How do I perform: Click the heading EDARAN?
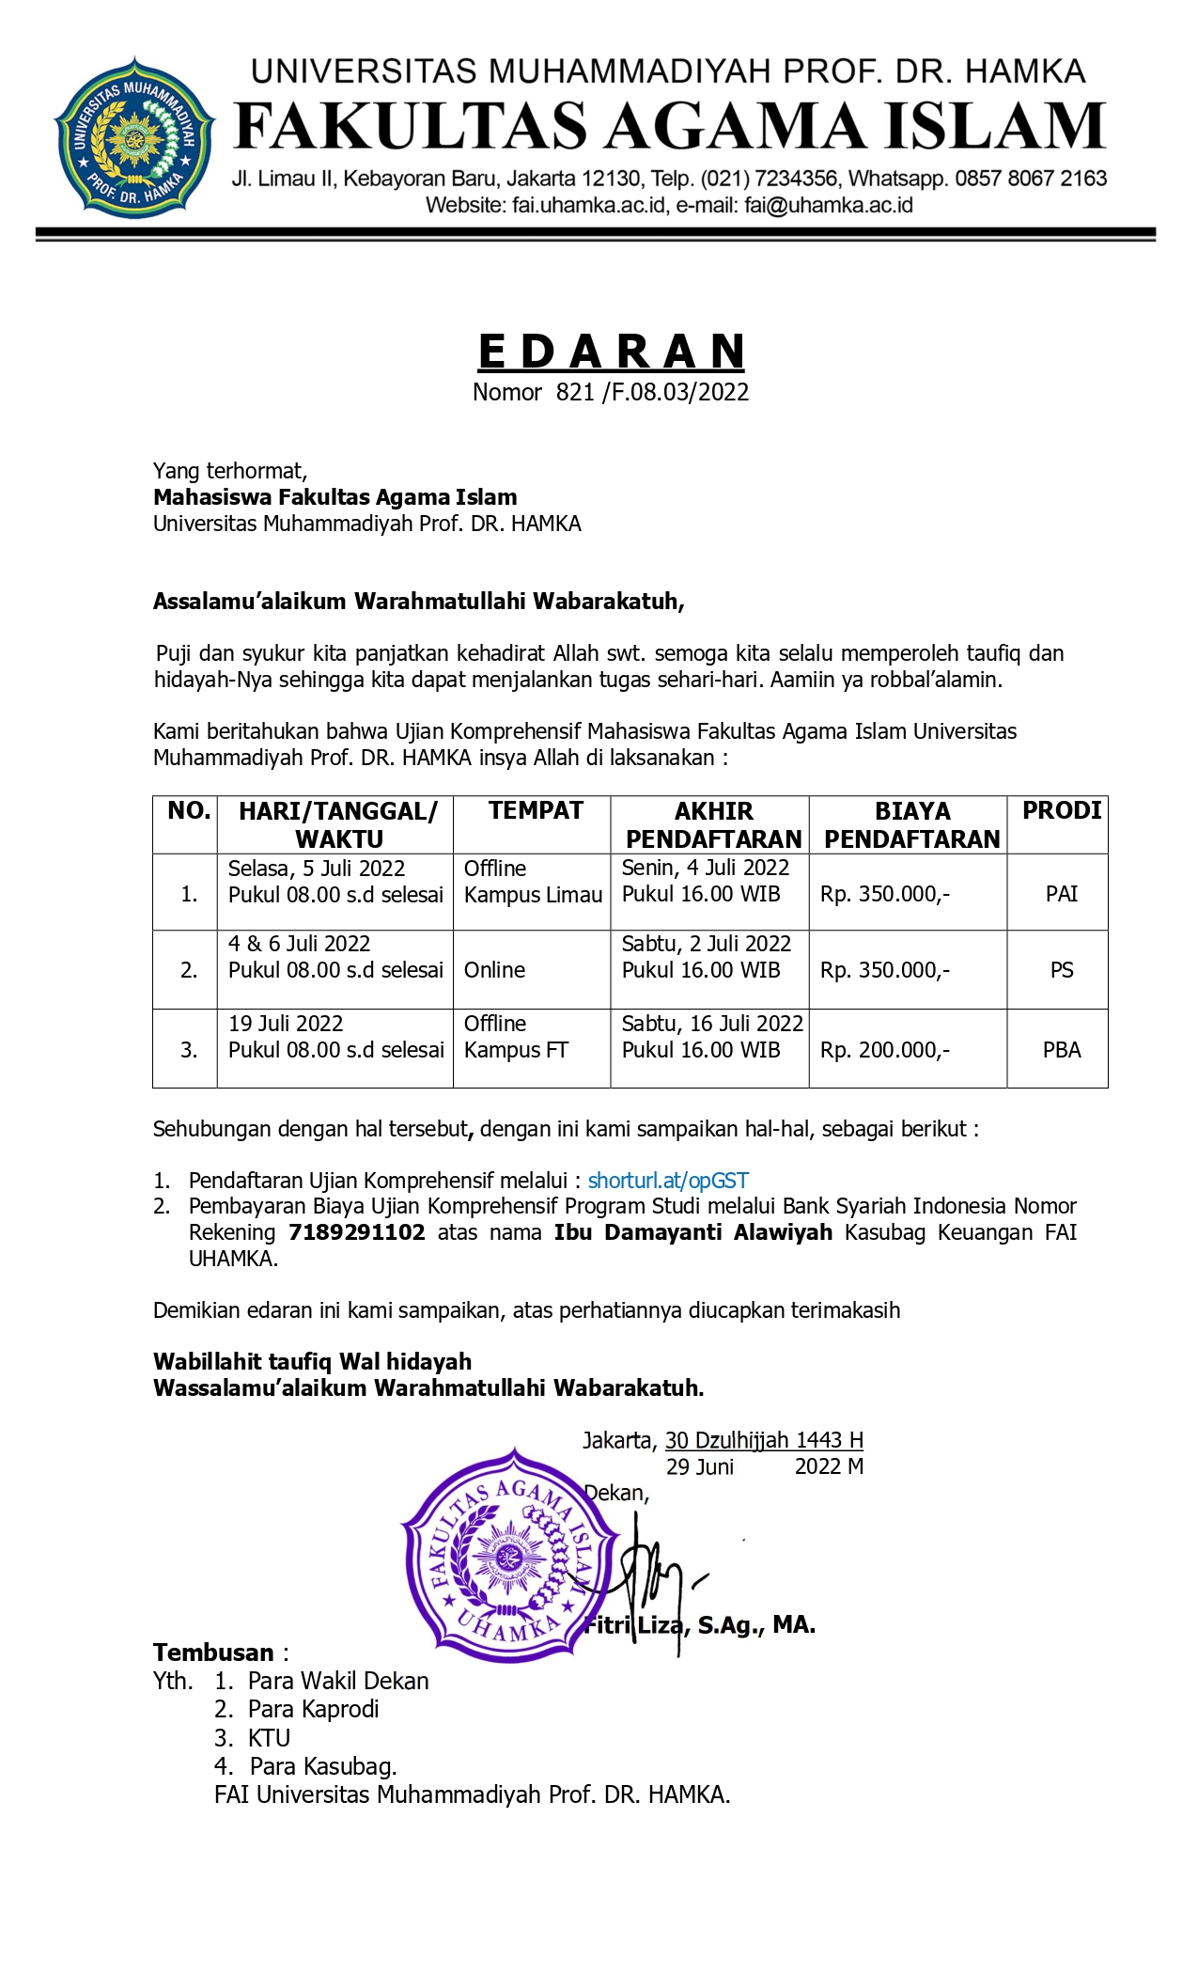click(x=612, y=352)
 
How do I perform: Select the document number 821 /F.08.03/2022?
click(x=652, y=392)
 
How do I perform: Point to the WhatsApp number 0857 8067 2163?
click(x=1031, y=179)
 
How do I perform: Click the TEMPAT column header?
click(x=536, y=810)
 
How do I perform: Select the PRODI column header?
click(x=1061, y=810)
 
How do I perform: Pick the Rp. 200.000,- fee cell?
click(x=884, y=1050)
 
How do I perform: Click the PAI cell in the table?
click(x=1061, y=894)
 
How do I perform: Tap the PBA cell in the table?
click(x=1061, y=1050)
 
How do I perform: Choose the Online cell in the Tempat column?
click(x=494, y=970)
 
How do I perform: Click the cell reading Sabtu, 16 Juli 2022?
click(x=712, y=1024)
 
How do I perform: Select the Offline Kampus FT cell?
click(x=516, y=1037)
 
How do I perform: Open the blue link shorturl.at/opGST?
click(x=668, y=1181)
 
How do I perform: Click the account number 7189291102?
click(x=356, y=1232)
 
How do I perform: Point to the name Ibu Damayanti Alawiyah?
click(x=692, y=1232)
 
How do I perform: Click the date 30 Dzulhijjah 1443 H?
click(x=764, y=1440)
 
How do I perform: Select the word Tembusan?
click(x=213, y=1653)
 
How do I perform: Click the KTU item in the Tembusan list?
click(x=269, y=1738)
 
